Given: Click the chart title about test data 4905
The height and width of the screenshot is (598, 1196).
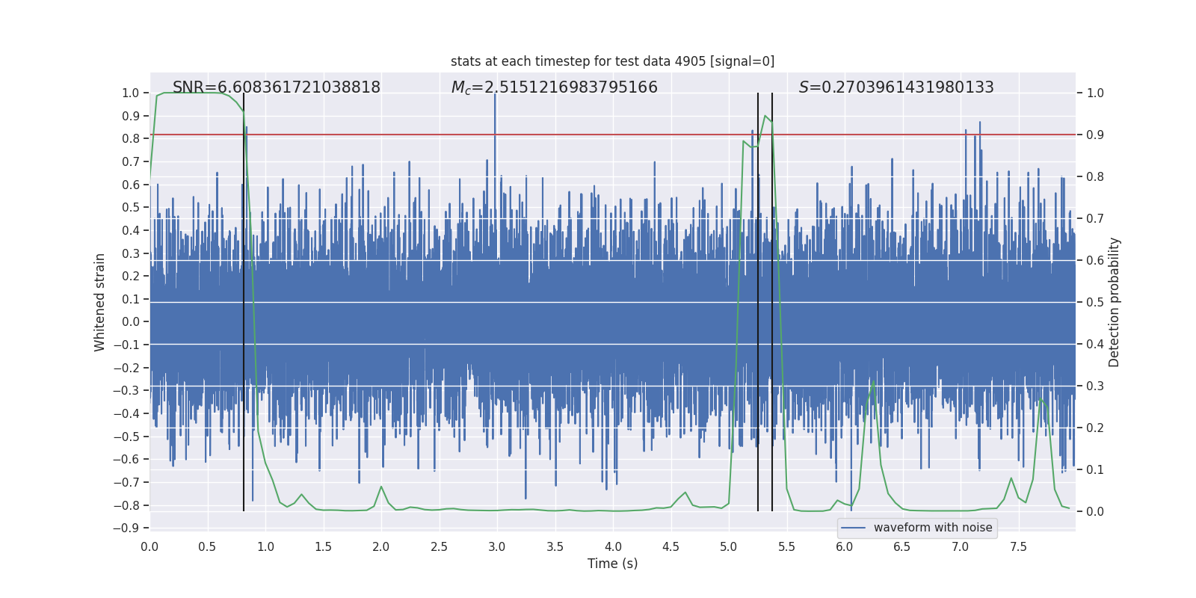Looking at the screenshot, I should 612,61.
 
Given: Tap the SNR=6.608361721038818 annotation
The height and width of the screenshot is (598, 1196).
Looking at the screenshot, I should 277,87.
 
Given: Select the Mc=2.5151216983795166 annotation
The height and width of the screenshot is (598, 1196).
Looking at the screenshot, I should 554,87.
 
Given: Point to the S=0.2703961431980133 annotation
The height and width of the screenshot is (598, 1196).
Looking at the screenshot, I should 896,87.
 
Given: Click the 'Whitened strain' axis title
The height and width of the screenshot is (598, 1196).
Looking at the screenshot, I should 100,302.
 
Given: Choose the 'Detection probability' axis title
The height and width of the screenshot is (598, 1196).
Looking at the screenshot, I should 1115,302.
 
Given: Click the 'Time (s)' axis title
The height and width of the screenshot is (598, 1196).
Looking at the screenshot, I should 612,564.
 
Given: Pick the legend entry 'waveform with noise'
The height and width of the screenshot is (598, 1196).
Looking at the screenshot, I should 932,528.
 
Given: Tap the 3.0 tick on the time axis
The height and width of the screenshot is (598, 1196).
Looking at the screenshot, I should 497,547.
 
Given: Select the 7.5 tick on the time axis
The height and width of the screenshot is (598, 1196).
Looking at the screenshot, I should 1018,547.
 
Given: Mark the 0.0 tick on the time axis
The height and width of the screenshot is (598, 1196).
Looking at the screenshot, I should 149,547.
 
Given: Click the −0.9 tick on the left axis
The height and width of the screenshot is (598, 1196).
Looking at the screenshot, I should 130,528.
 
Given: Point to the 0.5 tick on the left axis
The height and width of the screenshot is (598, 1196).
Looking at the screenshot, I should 132,208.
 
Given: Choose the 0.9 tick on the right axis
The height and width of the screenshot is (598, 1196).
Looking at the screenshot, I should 1095,135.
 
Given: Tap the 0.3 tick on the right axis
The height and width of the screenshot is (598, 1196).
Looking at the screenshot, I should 1095,386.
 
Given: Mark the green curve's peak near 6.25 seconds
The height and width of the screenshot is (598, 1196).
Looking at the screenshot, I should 873,382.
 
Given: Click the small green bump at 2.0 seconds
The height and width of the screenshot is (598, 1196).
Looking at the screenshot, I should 381,487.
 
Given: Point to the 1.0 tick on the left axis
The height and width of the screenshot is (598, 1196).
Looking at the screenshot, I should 132,93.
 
